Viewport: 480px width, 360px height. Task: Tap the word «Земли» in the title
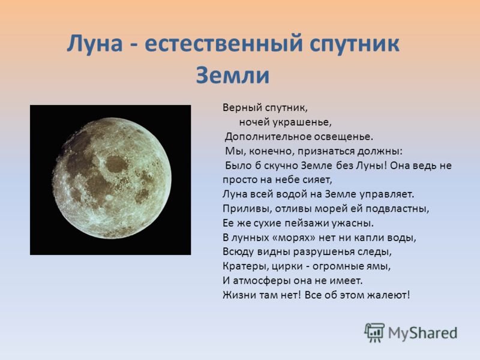coord(233,75)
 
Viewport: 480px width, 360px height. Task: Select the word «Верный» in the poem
coord(242,108)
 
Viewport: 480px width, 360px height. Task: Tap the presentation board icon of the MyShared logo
coord(374,332)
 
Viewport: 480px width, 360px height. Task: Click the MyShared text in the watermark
coord(423,334)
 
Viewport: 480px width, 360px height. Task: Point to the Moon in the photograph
coord(112,178)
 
